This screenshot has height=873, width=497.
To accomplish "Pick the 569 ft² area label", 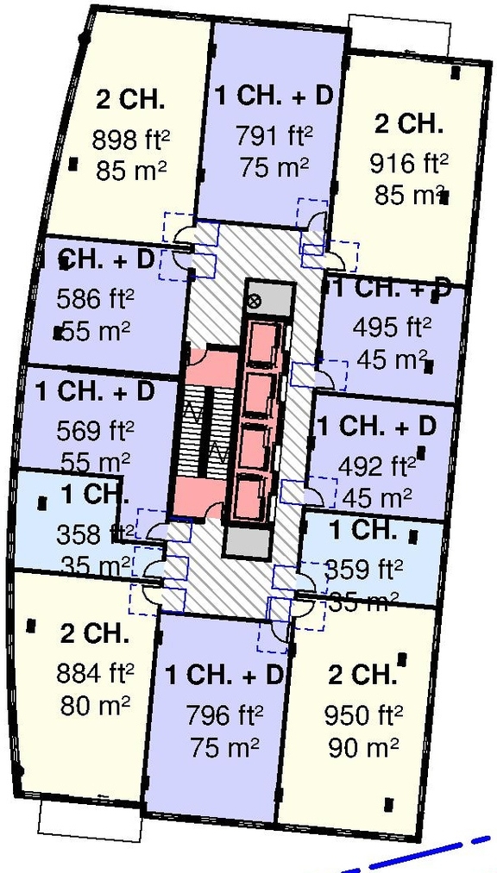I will (x=95, y=430).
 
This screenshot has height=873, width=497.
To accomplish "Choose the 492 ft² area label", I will (x=378, y=467).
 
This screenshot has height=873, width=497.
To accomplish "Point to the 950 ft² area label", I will (x=363, y=714).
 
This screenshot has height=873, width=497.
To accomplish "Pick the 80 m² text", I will (x=95, y=706).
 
